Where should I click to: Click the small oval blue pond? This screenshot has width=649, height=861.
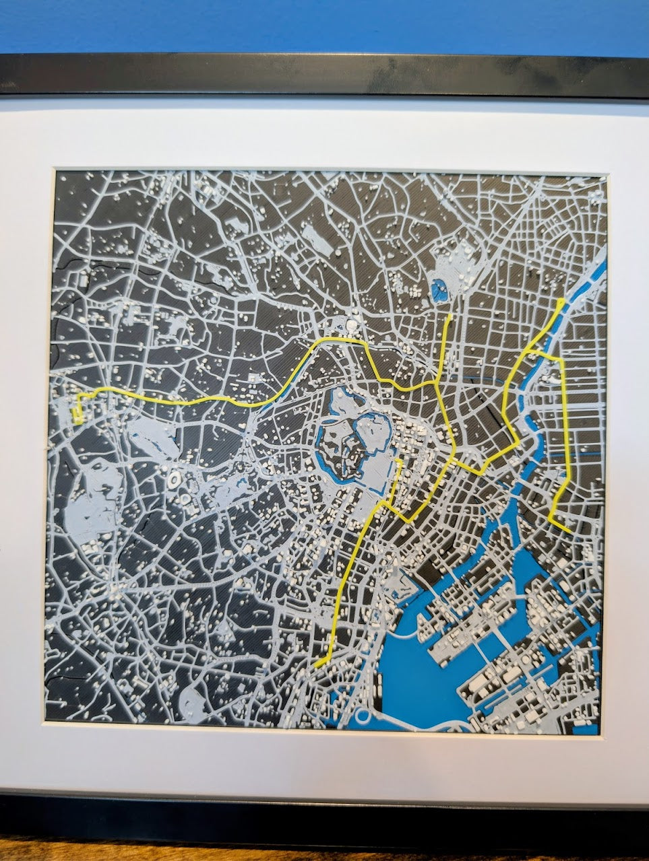click(440, 289)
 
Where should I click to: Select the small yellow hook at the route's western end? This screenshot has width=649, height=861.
click(78, 412)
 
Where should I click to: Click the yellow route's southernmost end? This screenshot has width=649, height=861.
click(316, 665)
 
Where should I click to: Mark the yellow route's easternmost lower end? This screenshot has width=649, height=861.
click(570, 531)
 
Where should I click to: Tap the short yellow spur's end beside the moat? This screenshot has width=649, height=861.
click(400, 462)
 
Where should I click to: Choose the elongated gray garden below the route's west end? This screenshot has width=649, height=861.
click(152, 438)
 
